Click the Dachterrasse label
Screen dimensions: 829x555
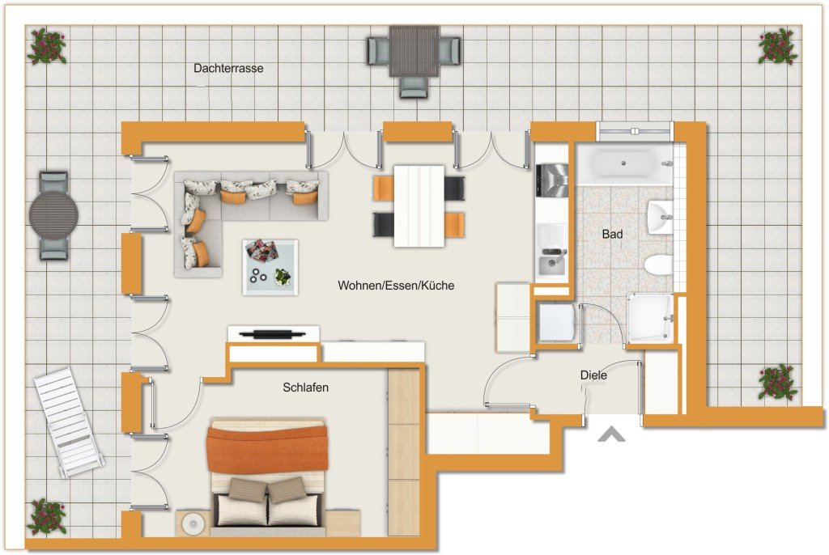click(x=228, y=68)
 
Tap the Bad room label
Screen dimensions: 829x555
click(x=612, y=234)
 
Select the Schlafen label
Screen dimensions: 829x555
click(x=305, y=388)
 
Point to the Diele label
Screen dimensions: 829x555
click(x=593, y=375)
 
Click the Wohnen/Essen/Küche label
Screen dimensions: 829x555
click(x=396, y=286)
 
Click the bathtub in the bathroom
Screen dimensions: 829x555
click(x=624, y=163)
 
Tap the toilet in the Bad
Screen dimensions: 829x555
click(x=659, y=265)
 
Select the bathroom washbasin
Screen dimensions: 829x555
click(x=660, y=217)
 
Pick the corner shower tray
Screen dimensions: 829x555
click(x=651, y=318)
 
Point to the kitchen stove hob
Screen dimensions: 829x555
click(x=552, y=180)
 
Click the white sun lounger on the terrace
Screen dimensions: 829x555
click(x=68, y=423)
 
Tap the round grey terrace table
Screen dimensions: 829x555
click(x=54, y=215)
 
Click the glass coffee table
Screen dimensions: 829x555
click(x=270, y=267)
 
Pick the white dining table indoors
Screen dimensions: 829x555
click(x=419, y=206)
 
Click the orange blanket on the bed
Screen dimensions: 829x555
click(x=267, y=449)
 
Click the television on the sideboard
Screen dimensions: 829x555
click(x=272, y=334)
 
